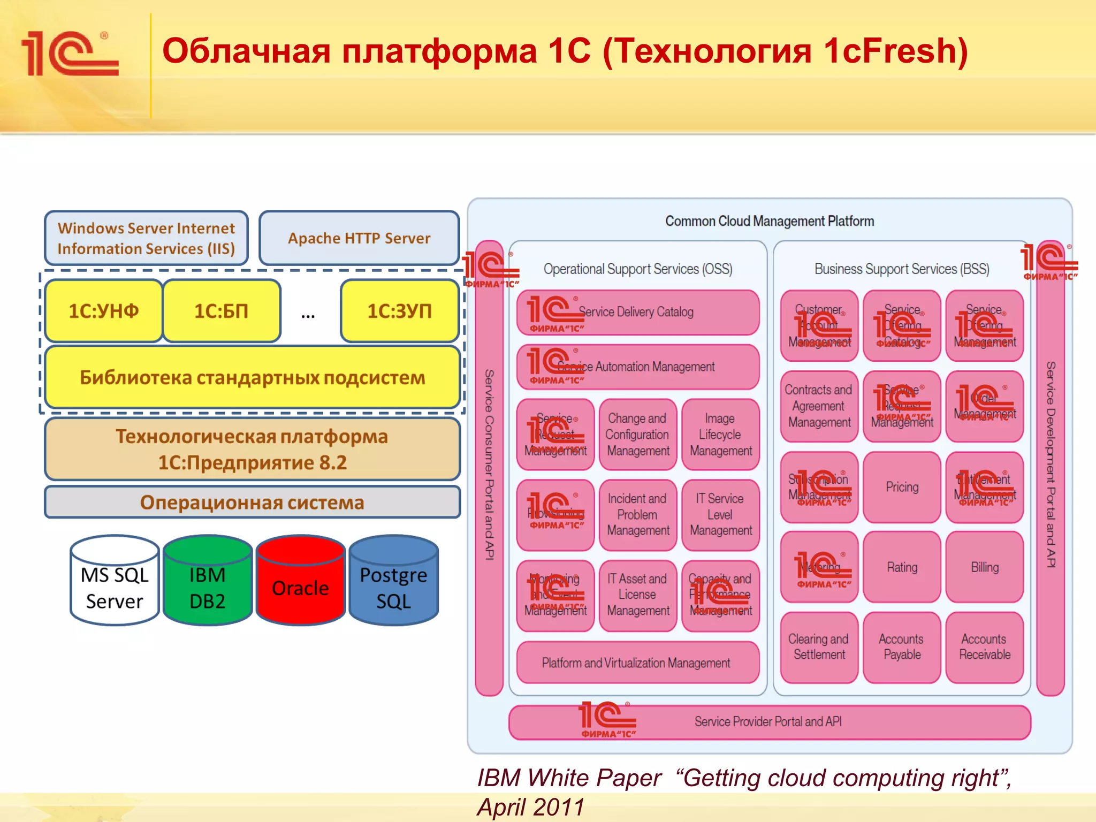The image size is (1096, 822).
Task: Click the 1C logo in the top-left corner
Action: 70,54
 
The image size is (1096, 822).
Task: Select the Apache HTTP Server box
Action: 359,238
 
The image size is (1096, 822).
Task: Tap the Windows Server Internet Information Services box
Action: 146,238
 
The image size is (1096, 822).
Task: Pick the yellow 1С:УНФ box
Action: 104,311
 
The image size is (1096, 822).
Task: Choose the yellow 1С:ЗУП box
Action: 399,311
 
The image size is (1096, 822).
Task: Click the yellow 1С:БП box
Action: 222,311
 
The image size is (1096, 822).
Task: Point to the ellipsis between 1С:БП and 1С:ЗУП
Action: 308,315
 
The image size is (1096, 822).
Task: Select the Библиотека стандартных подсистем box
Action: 252,378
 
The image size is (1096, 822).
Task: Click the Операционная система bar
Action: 252,503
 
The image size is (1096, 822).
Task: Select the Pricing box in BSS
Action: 902,487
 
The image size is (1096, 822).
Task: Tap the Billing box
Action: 984,567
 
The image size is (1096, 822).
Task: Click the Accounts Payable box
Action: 902,647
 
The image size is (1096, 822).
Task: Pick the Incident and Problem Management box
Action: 637,514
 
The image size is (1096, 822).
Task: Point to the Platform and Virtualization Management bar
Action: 636,663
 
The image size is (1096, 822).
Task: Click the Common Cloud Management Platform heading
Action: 769,221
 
